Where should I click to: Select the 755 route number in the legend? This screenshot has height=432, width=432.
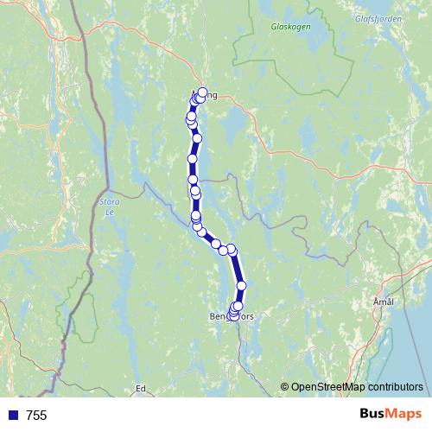[36, 416]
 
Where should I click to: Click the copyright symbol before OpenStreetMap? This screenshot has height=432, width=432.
[285, 386]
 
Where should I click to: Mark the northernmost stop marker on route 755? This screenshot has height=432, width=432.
[203, 92]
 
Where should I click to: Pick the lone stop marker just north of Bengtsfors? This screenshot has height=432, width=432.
[242, 285]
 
